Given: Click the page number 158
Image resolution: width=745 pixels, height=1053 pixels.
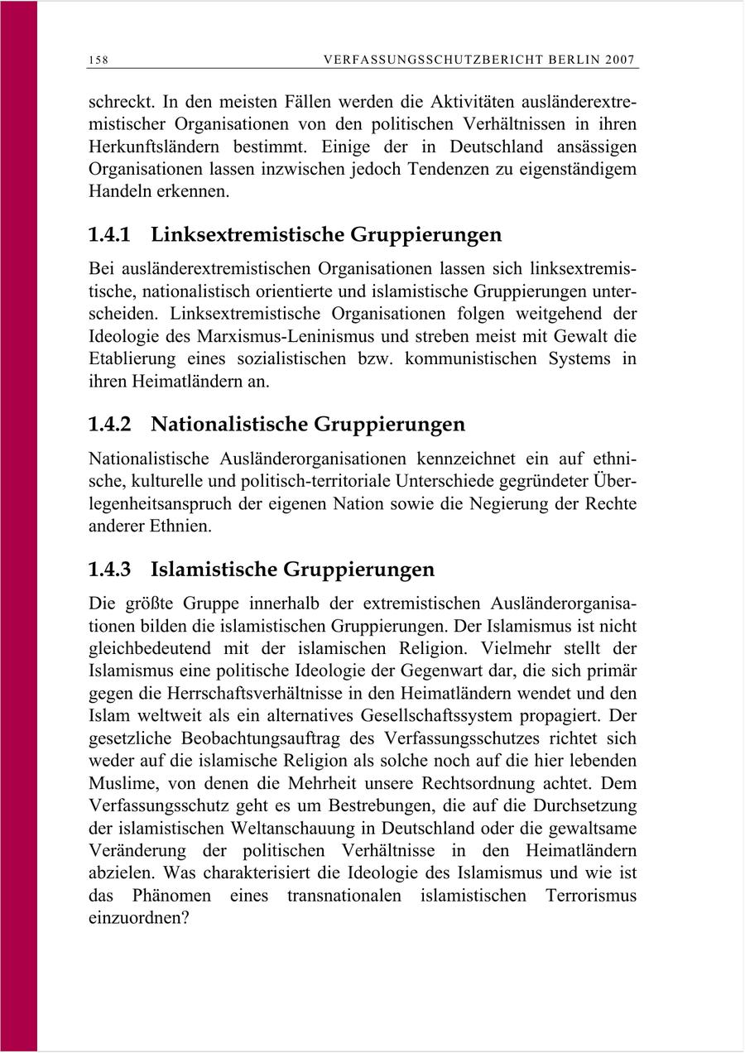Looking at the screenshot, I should pos(99,60).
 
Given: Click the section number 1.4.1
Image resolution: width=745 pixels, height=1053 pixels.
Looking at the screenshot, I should pos(109,235).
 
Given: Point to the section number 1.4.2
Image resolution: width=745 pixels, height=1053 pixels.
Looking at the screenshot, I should pos(109,425).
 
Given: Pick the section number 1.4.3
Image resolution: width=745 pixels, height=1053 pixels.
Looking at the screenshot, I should pos(109,570).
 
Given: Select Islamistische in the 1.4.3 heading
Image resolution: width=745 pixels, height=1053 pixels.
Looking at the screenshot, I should pos(214,570).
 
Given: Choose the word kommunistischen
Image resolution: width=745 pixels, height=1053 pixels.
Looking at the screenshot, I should pos(488,359).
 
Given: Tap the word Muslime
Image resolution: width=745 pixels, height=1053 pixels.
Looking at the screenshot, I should pos(121,782).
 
